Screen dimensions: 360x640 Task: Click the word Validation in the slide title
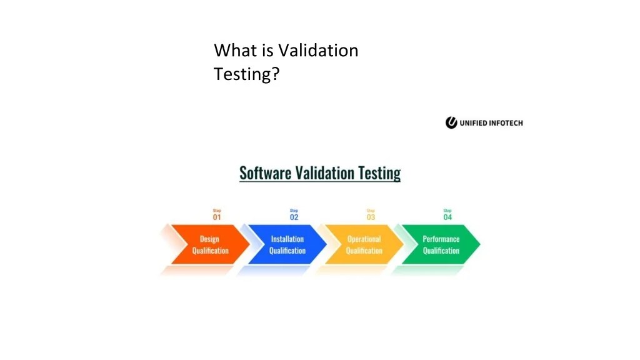tap(318, 50)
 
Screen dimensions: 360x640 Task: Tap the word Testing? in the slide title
tap(246, 75)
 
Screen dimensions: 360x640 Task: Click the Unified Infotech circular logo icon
tap(451, 123)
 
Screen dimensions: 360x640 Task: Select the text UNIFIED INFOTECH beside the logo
tap(491, 123)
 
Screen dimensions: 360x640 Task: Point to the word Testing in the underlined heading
tap(379, 173)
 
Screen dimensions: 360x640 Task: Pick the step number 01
tap(217, 217)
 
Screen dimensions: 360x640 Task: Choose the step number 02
tap(294, 217)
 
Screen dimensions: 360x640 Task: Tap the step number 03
tap(371, 217)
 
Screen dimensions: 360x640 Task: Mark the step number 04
tap(447, 217)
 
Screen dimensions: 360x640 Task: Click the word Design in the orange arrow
tap(209, 239)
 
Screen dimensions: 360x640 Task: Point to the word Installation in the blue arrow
tap(287, 239)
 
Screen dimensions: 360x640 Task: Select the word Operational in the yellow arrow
tap(364, 239)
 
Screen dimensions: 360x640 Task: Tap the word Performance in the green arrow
tap(441, 239)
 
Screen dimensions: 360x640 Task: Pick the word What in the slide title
tap(232, 50)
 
